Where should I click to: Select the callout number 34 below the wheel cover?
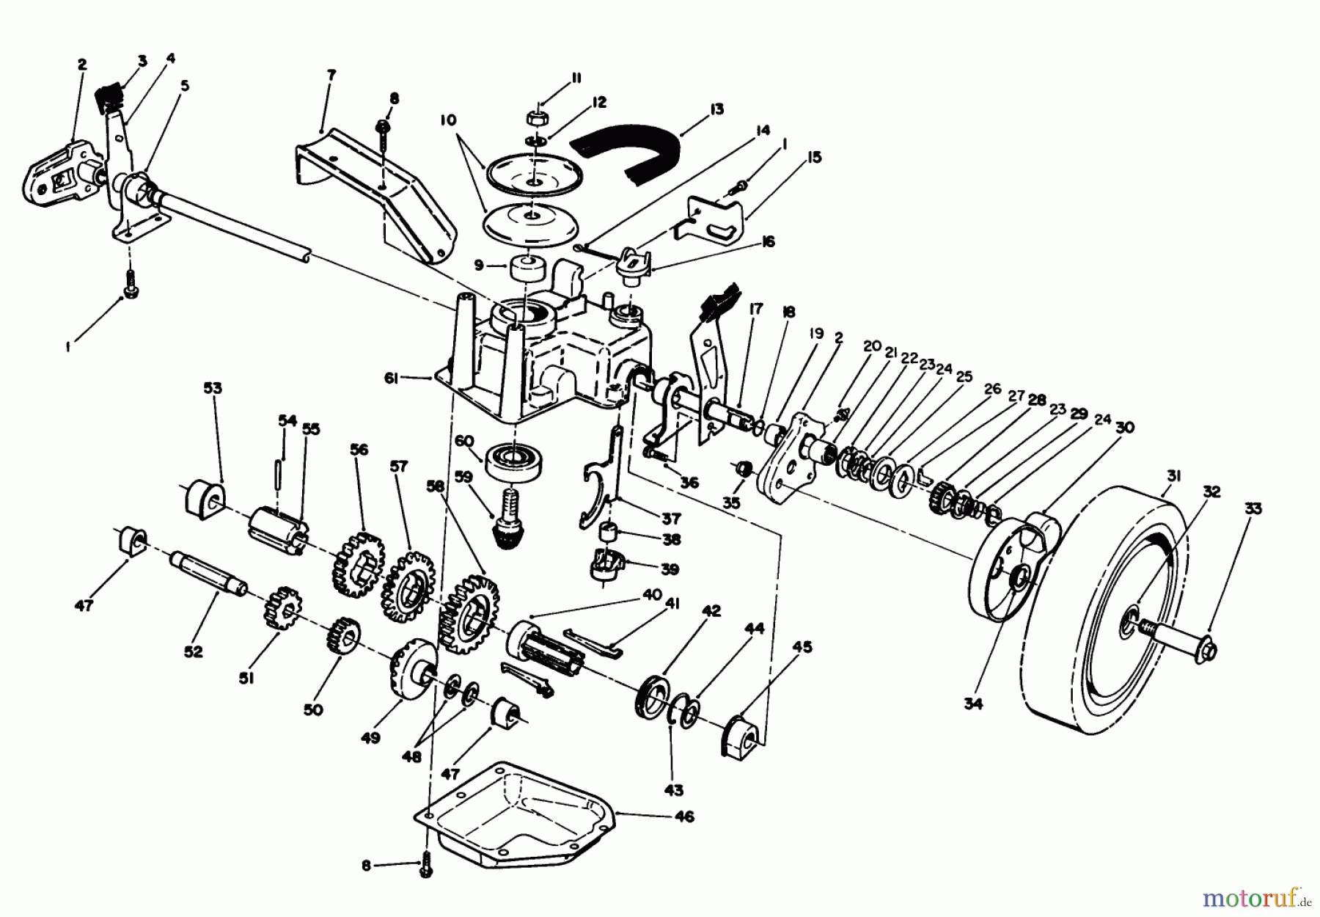pyautogui.click(x=972, y=702)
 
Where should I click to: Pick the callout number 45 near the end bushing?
pyautogui.click(x=804, y=648)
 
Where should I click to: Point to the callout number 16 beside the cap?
pyautogui.click(x=768, y=241)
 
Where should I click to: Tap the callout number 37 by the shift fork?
pyautogui.click(x=671, y=518)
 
